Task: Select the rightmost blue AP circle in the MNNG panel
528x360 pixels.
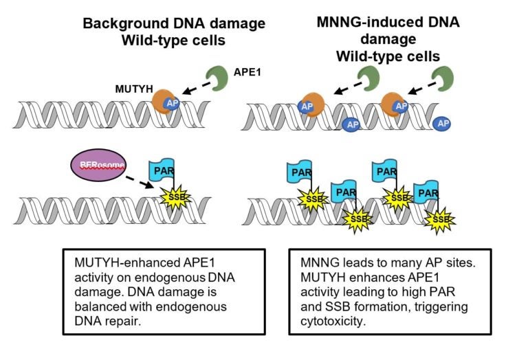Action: point(443,124)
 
